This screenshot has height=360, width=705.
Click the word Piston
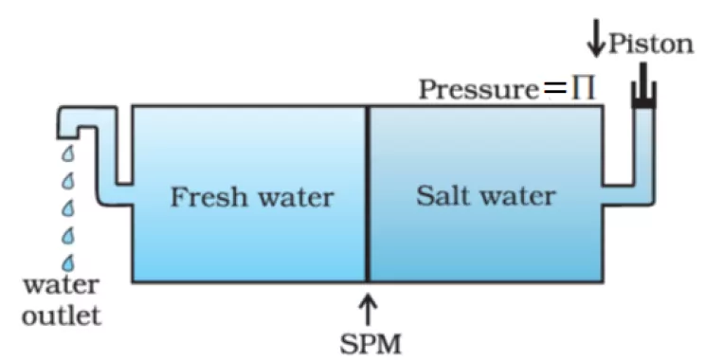(x=651, y=45)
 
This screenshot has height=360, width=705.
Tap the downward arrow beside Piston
(x=596, y=38)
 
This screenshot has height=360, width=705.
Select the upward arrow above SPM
(x=368, y=309)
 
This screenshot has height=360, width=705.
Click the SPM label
(x=371, y=345)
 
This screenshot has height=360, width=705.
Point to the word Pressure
(x=479, y=89)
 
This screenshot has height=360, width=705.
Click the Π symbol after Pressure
(x=584, y=89)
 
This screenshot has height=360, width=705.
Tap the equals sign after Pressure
(x=555, y=89)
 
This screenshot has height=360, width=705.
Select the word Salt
(x=443, y=196)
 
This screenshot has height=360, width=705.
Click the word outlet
(x=62, y=316)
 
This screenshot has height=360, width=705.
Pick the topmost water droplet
(x=68, y=154)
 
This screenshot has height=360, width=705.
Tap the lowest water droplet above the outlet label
(x=68, y=263)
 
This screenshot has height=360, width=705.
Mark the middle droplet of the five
(x=68, y=208)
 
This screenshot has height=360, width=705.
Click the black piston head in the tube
(x=643, y=103)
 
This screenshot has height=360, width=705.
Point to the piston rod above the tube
(x=643, y=80)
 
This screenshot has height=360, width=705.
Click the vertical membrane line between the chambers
(x=368, y=193)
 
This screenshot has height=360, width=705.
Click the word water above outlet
(x=62, y=285)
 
